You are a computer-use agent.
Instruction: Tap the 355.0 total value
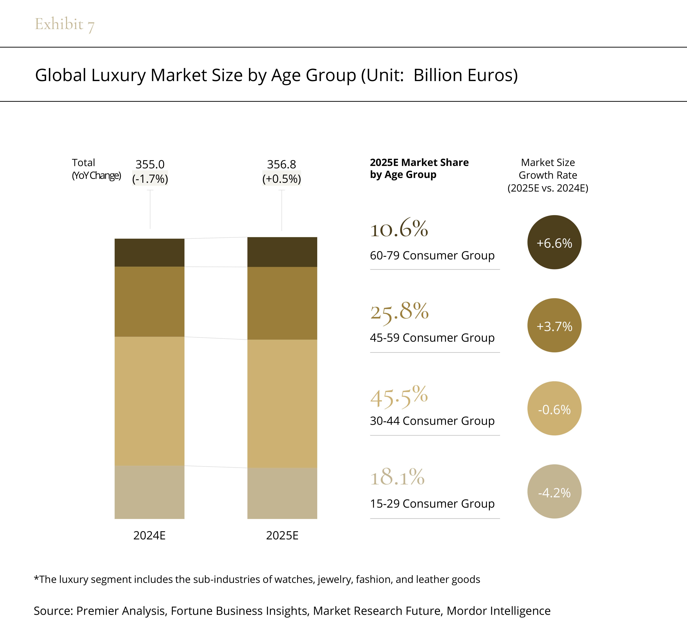(150, 164)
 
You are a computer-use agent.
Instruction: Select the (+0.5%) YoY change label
(282, 179)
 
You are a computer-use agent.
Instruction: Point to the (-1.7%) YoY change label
(150, 179)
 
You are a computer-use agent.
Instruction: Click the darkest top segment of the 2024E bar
(149, 252)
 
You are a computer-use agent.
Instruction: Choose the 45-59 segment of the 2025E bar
(282, 303)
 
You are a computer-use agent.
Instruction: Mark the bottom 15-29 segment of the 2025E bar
(282, 493)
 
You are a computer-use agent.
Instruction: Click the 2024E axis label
(149, 535)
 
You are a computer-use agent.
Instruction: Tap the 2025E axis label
(282, 535)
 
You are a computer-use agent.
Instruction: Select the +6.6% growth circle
(554, 242)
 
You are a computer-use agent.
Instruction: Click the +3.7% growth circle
(554, 325)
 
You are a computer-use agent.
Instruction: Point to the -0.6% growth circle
(554, 408)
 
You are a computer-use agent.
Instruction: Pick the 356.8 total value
(282, 164)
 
